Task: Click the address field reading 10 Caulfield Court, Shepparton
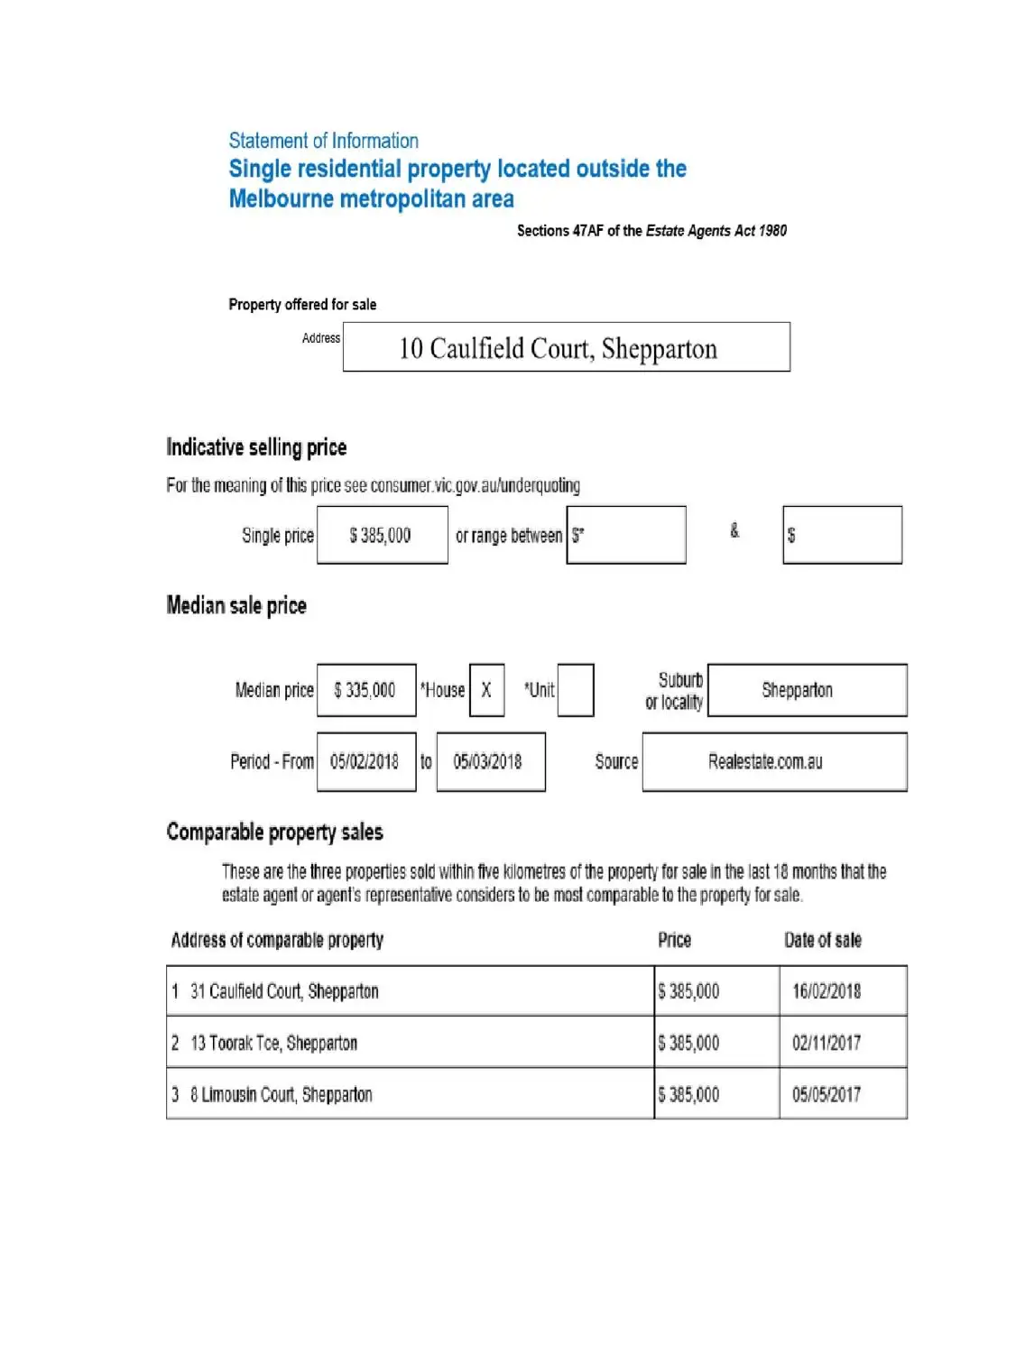566,347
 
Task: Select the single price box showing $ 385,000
382,536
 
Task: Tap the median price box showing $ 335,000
365,690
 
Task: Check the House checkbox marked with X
486,690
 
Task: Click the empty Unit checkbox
575,690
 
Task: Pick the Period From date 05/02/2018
365,762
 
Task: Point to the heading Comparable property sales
274,832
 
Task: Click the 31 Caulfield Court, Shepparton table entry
284,991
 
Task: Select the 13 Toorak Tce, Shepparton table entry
273,1044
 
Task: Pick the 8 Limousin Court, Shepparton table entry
281,1095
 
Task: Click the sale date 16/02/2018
826,991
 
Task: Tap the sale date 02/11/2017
826,1044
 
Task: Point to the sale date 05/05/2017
826,1095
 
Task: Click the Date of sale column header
823,940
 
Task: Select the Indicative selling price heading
256,447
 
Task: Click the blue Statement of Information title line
323,141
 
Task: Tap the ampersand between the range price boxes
734,531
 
